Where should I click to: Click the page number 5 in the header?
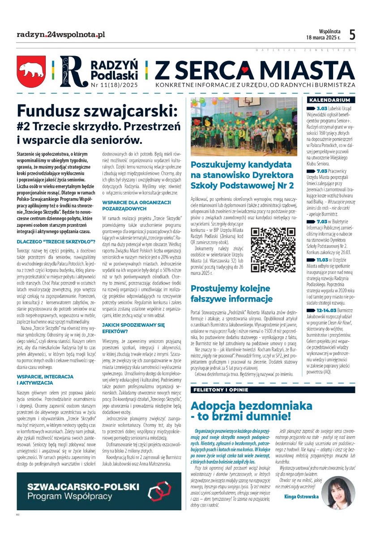352,35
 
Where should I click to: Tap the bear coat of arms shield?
31,71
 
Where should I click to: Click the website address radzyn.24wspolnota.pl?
61,34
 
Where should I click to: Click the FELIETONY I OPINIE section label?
222,389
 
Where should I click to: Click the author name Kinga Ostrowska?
302,496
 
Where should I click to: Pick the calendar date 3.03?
322,108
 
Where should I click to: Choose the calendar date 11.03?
322,259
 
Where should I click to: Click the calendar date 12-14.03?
326,310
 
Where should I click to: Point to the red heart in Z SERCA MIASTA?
244,70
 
